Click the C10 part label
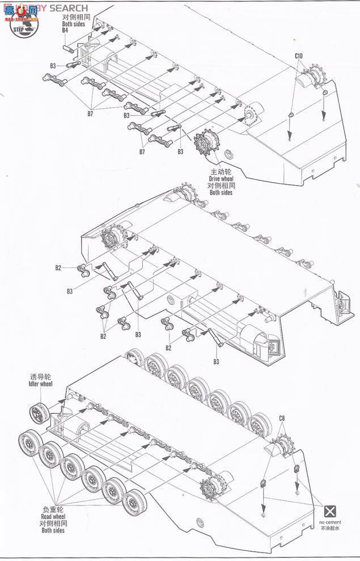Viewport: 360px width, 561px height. tap(299, 56)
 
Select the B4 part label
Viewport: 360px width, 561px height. tap(65, 31)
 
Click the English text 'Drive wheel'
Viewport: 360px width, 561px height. tap(221, 179)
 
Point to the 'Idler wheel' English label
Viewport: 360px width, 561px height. tap(40, 384)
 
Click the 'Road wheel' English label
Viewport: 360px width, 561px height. tap(53, 517)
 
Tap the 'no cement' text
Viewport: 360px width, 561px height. tap(329, 522)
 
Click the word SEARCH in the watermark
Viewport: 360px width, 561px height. tap(69, 8)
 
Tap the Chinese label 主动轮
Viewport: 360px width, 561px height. tap(221, 172)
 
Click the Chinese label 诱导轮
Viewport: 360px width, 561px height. tap(41, 377)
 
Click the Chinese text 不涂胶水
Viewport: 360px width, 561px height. tap(329, 528)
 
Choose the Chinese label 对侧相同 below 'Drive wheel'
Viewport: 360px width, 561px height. tap(221, 186)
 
